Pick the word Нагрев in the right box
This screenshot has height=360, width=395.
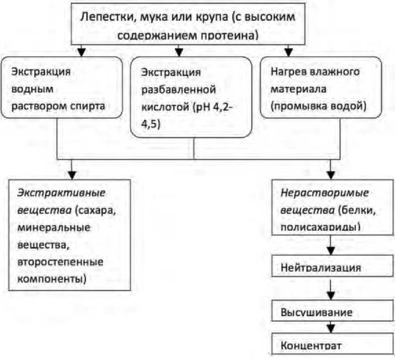[290, 72]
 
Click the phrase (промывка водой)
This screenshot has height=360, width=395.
[318, 104]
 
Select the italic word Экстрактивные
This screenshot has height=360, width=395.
[61, 194]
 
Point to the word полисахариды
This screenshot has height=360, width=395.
[316, 227]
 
